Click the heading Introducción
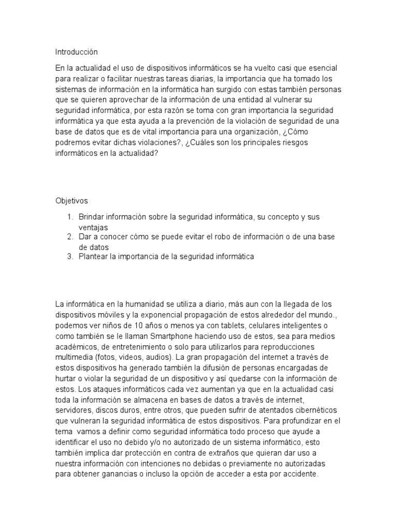point(76,52)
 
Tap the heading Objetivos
point(73,201)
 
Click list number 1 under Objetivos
point(70,216)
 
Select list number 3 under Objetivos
point(70,257)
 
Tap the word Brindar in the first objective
point(92,216)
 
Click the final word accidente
point(302,474)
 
